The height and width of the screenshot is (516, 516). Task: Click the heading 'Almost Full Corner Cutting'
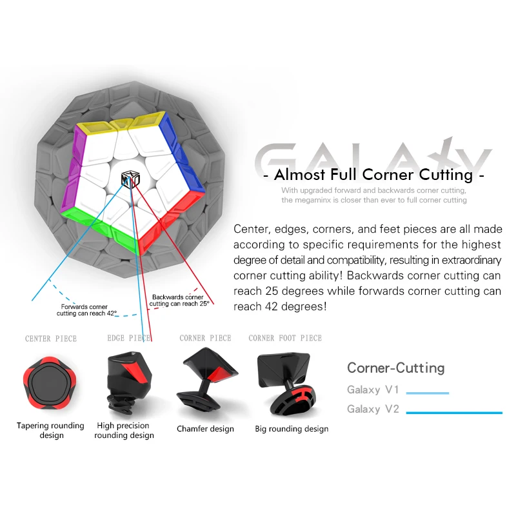(x=374, y=174)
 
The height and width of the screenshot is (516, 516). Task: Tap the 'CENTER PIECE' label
(x=51, y=339)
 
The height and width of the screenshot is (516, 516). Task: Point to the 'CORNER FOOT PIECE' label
(x=285, y=338)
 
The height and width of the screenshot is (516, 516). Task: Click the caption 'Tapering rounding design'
(x=50, y=430)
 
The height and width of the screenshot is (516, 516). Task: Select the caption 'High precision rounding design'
(x=124, y=430)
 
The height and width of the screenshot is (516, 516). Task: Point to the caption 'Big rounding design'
(x=292, y=429)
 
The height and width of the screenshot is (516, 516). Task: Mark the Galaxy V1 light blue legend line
(x=427, y=392)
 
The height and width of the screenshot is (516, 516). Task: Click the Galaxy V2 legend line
(x=454, y=412)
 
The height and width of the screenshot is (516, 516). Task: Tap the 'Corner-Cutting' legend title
(x=396, y=368)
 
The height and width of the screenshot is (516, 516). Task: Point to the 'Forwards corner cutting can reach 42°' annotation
(x=84, y=310)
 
